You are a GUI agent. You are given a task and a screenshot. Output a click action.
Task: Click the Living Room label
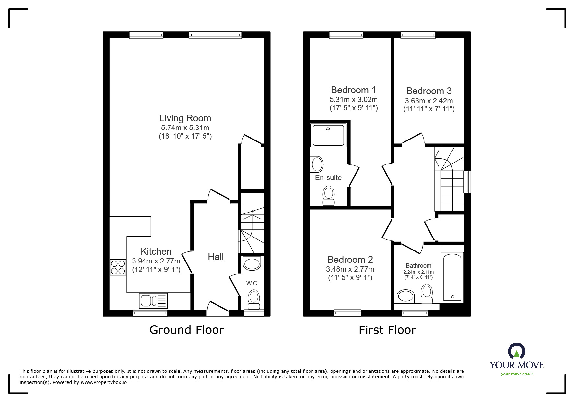[185, 118]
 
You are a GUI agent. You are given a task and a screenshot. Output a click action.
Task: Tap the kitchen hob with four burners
[118, 267]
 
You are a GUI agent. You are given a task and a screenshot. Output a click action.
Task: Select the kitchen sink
[153, 300]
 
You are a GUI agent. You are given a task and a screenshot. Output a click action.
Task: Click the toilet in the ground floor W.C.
[254, 299]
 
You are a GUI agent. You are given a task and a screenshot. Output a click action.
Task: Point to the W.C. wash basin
[252, 264]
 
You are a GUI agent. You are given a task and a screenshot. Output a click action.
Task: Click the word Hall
[216, 257]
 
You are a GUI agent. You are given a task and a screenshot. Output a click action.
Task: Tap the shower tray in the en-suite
[328, 135]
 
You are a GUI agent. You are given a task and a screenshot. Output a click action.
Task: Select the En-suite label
[328, 177]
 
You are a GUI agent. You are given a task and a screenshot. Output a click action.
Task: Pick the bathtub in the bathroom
[452, 278]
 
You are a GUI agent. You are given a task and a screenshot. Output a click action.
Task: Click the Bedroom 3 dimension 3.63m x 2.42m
[429, 101]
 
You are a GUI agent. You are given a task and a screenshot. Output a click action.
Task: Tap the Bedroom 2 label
[350, 260]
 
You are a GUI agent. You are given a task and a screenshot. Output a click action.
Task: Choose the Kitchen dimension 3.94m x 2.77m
[156, 261]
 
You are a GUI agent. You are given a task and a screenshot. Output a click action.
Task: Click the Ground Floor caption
[186, 330]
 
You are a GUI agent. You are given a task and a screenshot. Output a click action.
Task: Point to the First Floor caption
[387, 330]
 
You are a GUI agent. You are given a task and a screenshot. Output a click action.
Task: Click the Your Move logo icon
[516, 351]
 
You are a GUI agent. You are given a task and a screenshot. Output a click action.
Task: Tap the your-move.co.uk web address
[517, 374]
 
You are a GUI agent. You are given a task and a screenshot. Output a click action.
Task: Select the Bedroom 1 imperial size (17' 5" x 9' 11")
[354, 108]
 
